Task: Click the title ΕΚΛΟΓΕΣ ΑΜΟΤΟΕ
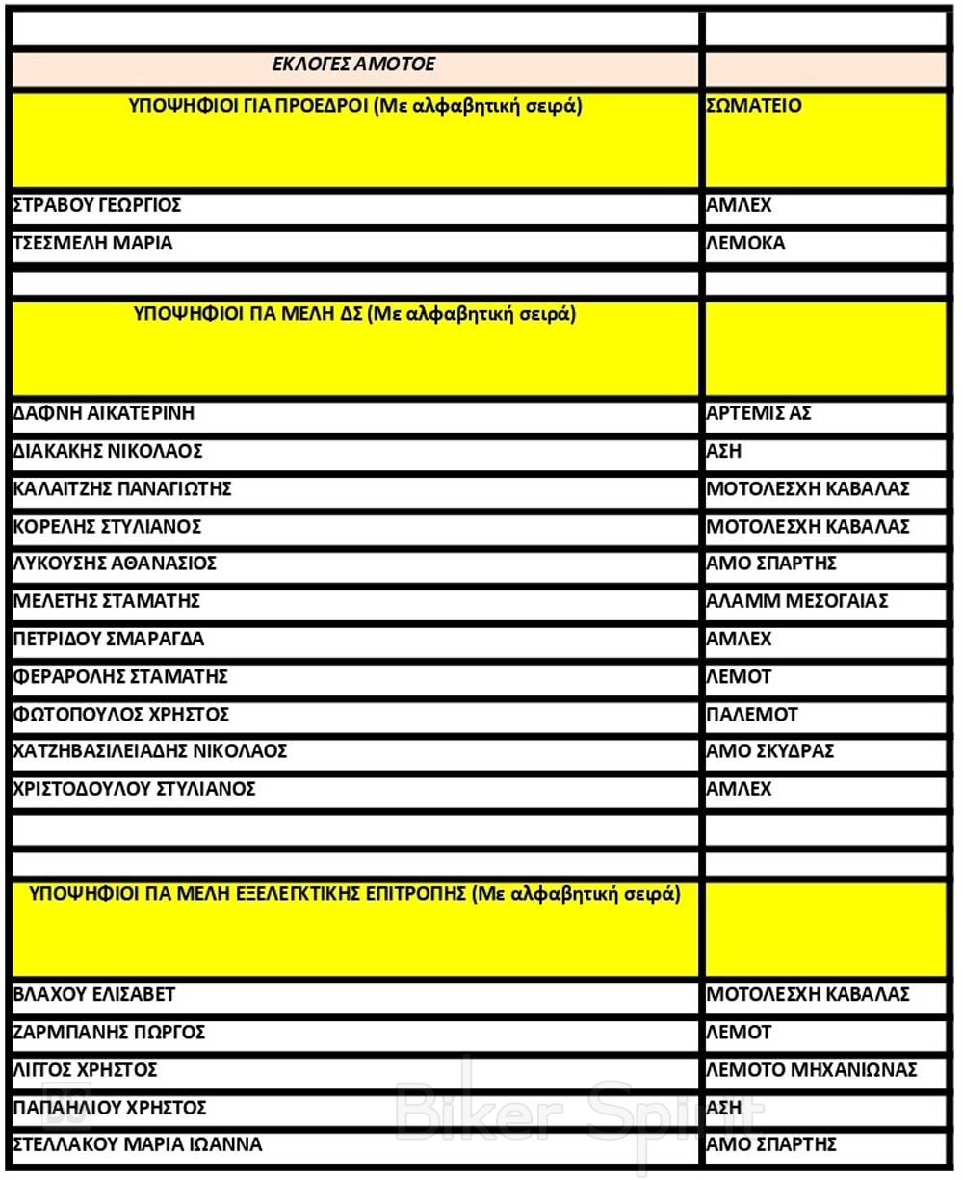coord(354,66)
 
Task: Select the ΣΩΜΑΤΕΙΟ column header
coord(754,106)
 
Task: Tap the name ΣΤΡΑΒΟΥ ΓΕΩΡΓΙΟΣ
coord(97,206)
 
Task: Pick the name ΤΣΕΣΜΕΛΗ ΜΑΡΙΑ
coord(93,244)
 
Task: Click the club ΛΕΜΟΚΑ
coord(746,244)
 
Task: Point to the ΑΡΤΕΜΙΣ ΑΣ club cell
coord(759,413)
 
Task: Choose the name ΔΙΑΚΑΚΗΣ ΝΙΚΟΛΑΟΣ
coord(108,452)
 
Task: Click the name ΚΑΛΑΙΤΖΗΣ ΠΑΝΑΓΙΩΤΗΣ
coord(122,489)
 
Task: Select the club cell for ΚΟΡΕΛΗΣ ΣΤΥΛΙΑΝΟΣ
coord(808,528)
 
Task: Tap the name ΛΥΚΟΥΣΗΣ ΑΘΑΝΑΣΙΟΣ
coord(115,564)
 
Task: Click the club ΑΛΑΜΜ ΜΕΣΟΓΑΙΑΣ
coord(797,602)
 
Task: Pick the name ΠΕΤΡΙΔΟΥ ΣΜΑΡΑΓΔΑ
coord(109,640)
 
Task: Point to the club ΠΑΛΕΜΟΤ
coord(752,716)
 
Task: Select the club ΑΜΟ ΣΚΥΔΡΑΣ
coord(770,752)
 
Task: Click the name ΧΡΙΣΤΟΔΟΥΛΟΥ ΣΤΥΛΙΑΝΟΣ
coord(134,790)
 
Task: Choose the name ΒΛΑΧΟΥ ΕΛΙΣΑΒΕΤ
coord(94,995)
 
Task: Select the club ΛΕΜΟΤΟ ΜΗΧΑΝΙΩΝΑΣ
coord(812,1070)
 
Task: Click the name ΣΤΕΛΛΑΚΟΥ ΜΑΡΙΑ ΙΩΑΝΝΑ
coord(138,1145)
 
